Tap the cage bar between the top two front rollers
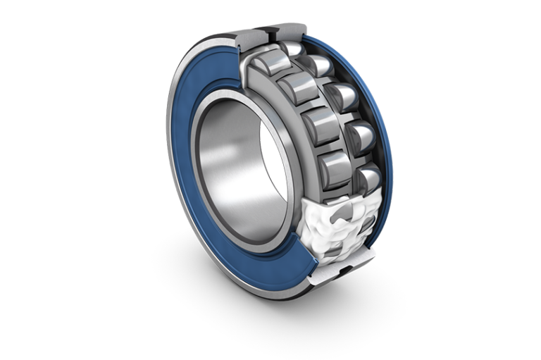click(x=282, y=74)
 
